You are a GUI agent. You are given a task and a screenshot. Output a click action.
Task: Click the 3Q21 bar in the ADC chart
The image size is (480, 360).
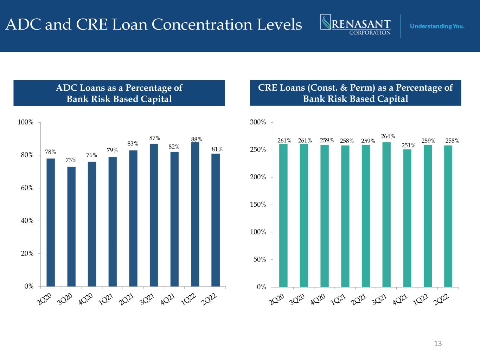pyautogui.click(x=154, y=215)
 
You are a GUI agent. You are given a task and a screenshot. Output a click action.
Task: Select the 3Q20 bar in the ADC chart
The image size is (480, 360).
pyautogui.click(x=71, y=226)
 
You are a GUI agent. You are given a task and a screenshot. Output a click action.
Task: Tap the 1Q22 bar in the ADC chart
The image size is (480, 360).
pyautogui.click(x=195, y=214)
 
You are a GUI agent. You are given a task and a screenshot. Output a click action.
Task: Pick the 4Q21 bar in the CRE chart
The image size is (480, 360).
pyautogui.click(x=407, y=218)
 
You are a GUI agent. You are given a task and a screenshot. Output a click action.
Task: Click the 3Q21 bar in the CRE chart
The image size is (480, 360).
pyautogui.click(x=386, y=214)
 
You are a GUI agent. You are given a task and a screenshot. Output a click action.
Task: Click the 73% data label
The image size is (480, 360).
pyautogui.click(x=71, y=160)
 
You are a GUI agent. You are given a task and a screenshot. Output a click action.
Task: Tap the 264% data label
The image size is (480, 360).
pyautogui.click(x=388, y=136)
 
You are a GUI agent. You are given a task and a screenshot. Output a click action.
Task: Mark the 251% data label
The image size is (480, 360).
pyautogui.click(x=408, y=145)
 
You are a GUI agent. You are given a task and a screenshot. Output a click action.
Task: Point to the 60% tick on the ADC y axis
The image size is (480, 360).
pyautogui.click(x=26, y=188)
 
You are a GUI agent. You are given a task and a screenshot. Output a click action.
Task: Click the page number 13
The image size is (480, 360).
pyautogui.click(x=438, y=343)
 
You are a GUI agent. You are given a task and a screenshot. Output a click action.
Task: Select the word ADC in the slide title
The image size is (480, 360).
pyautogui.click(x=21, y=25)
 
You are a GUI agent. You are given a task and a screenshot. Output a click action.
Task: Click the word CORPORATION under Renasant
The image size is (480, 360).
pyautogui.click(x=370, y=32)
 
